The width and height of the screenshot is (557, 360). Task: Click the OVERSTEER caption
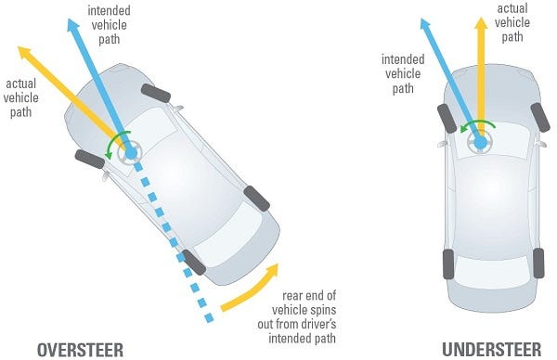[x=79, y=349]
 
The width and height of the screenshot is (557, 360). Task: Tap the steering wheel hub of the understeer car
[x=481, y=142]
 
